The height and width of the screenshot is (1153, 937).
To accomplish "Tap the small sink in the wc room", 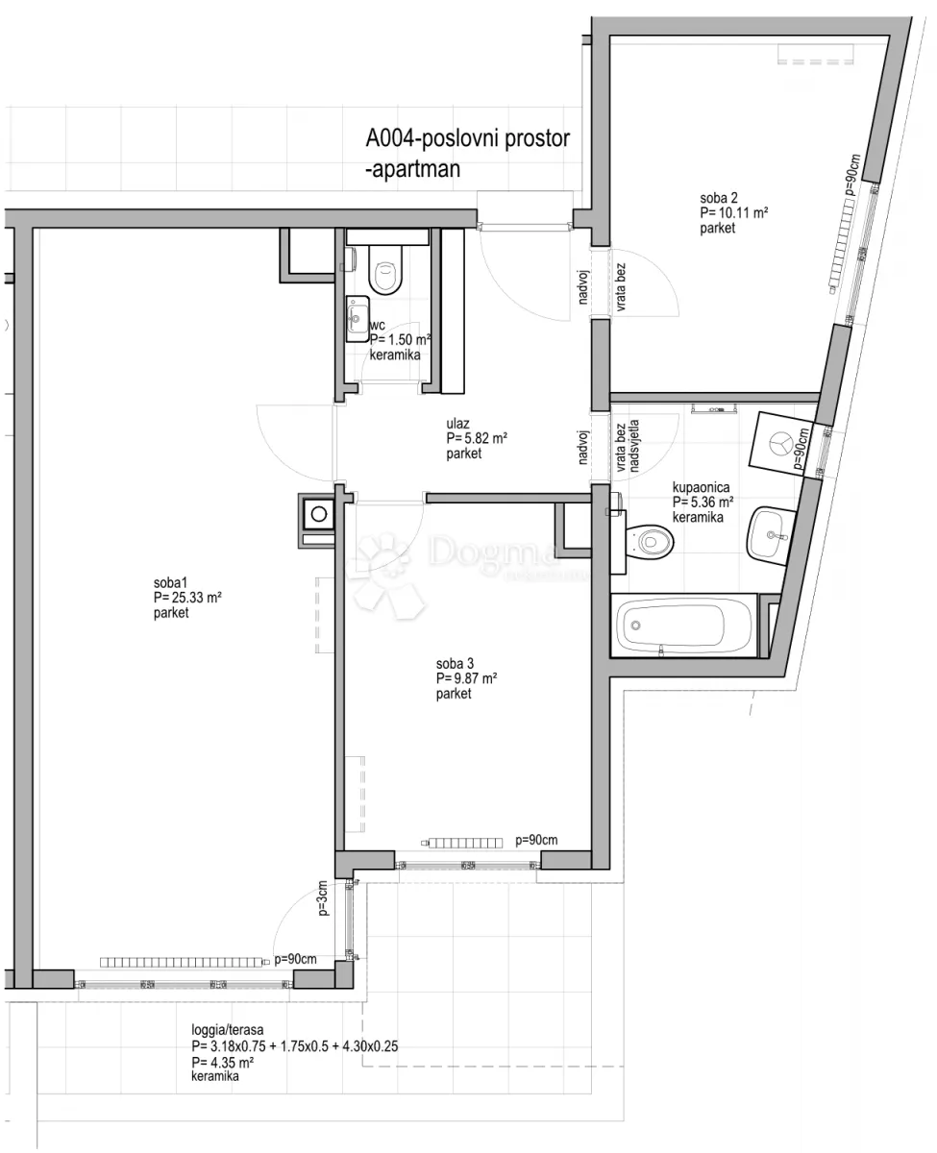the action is [x=358, y=319].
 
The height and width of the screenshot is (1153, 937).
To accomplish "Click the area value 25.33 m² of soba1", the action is [x=187, y=598].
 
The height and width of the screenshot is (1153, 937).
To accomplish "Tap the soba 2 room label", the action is [x=718, y=198].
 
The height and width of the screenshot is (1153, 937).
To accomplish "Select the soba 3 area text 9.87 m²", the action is [x=467, y=678].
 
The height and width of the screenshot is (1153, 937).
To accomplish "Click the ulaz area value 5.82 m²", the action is [x=477, y=438].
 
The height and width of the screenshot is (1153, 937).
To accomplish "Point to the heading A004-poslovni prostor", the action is [x=468, y=138].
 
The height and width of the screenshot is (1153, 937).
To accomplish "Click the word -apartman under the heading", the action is [x=413, y=169].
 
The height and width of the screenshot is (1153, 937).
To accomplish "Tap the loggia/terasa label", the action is [x=228, y=1030].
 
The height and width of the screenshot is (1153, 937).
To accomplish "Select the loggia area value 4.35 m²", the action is [x=222, y=1062].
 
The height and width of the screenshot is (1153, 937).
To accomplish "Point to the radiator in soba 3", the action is [x=462, y=843].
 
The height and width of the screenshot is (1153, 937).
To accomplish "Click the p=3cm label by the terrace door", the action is [x=323, y=898].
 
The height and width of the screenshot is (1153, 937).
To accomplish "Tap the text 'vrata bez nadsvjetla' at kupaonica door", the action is [x=628, y=446].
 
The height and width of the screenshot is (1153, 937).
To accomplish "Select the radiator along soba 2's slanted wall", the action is [x=842, y=244].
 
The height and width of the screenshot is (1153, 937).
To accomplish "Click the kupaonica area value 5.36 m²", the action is [x=703, y=502].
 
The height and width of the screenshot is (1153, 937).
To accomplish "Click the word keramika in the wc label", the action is [x=395, y=356].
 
